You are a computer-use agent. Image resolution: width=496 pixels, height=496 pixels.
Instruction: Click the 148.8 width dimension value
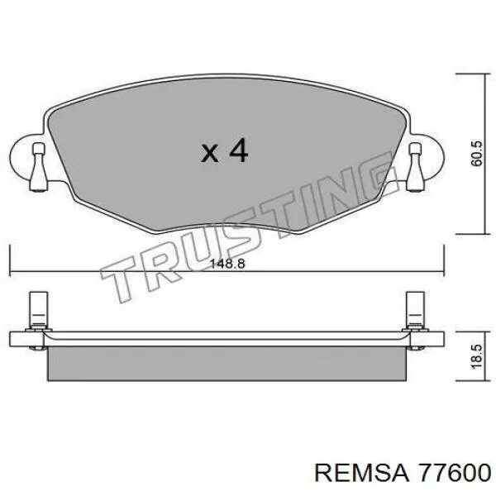pos(227,264)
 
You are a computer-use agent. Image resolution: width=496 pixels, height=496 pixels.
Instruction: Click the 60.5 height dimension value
pos(476,154)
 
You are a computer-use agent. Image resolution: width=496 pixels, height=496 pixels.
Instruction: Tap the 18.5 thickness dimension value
pos(476,356)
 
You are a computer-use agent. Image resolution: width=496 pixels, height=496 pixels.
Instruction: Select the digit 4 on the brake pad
pos(238,151)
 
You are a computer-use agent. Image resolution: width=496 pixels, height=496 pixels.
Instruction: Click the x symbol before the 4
pos(210,154)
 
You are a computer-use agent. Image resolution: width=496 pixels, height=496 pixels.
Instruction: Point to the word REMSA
pos(361,475)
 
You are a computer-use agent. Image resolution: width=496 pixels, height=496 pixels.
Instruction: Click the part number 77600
pos(454,475)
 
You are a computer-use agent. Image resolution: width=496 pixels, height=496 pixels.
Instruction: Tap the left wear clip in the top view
pos(39,167)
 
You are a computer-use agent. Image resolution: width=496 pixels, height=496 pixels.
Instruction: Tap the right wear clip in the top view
pos(415,167)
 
